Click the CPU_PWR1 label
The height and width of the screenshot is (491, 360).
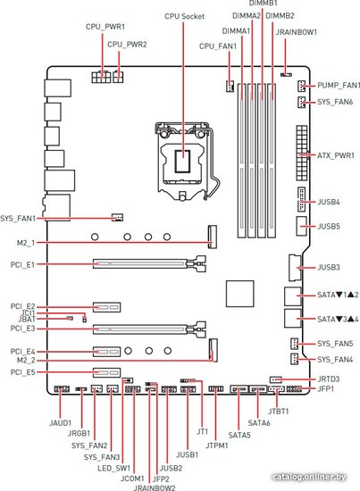[105, 27]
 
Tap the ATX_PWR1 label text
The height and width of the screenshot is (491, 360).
[336, 155]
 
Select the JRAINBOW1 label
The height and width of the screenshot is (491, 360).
[297, 32]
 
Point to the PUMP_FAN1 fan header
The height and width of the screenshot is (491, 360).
[301, 85]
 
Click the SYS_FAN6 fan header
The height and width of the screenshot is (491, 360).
[301, 102]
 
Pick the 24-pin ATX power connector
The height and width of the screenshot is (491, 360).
[301, 154]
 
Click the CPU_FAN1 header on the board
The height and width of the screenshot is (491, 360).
[230, 86]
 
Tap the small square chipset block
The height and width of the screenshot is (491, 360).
[239, 294]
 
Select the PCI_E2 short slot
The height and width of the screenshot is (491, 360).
[106, 307]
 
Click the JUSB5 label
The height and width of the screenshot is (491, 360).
[329, 226]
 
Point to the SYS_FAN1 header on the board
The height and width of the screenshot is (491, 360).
[118, 217]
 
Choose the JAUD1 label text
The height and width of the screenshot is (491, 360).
[61, 423]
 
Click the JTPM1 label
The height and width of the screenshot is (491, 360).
[217, 445]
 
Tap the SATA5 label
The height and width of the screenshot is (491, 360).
[239, 435]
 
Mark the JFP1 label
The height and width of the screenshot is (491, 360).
[326, 388]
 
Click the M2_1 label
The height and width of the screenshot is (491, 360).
[26, 243]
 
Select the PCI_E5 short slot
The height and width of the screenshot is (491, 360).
[106, 372]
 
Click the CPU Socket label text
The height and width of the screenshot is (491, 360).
[185, 16]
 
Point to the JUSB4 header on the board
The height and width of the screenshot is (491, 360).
[301, 199]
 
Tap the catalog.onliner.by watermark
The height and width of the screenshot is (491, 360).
[309, 477]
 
